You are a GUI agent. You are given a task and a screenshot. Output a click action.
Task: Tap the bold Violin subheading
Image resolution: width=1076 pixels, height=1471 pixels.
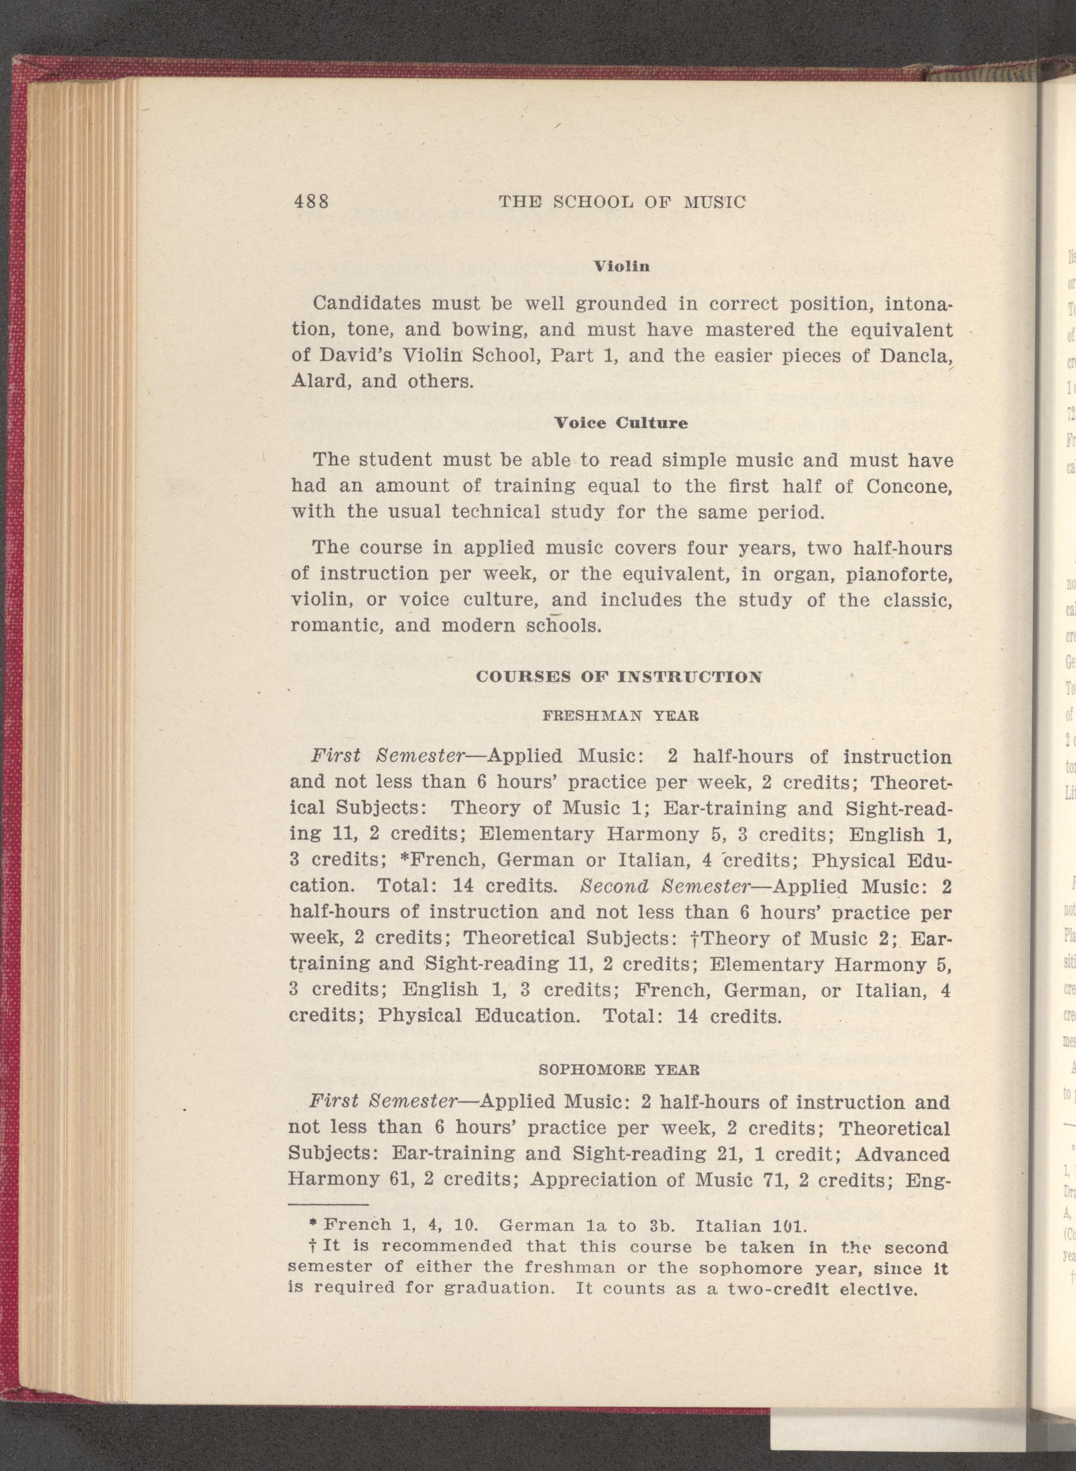coord(622,266)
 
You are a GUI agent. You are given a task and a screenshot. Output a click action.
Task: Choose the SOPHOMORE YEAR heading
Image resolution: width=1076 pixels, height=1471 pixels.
coord(621,1069)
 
